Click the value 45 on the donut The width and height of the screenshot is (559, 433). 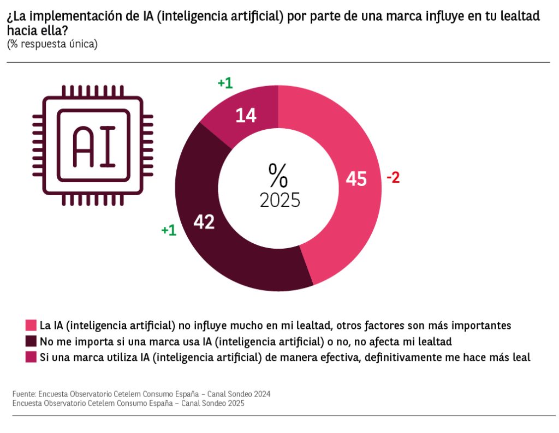click(x=356, y=179)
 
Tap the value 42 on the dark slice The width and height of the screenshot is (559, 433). click(x=205, y=222)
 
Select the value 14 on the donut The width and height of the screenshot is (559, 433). click(x=246, y=115)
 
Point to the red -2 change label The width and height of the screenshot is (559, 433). click(x=393, y=178)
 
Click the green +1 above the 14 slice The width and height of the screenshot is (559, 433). click(x=225, y=83)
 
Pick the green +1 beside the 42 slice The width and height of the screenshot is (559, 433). click(x=169, y=230)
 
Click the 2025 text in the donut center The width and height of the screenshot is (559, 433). click(x=280, y=200)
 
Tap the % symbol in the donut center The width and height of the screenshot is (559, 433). click(x=278, y=175)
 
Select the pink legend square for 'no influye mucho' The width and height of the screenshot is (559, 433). click(x=31, y=326)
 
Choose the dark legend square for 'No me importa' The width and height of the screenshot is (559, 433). click(x=31, y=341)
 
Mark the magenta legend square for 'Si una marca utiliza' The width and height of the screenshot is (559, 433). click(x=31, y=357)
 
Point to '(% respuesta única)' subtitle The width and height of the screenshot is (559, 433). click(x=52, y=44)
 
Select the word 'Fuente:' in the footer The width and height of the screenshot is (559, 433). click(x=23, y=394)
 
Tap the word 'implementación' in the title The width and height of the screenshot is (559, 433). click(x=74, y=16)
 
